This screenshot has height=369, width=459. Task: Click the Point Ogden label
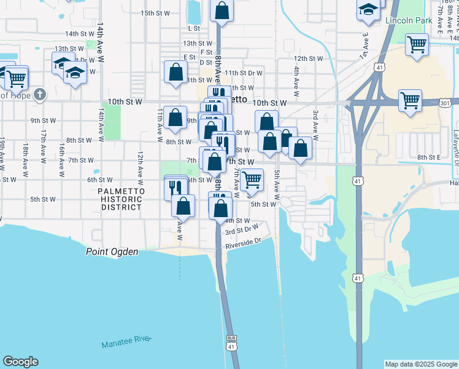click(x=112, y=252)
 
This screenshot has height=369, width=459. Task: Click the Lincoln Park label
click(x=405, y=20)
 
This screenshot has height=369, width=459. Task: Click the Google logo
click(x=20, y=362)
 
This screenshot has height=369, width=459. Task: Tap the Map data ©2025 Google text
click(x=420, y=364)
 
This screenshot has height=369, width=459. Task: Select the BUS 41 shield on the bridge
click(x=231, y=343)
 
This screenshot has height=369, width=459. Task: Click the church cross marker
click(x=40, y=94)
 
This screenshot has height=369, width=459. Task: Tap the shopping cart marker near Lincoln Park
click(x=417, y=44)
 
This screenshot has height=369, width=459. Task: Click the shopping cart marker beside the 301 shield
click(x=409, y=100)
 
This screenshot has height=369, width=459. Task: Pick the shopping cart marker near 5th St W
click(x=252, y=180)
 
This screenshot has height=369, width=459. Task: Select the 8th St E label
click(x=430, y=157)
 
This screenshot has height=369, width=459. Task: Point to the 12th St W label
click(x=307, y=58)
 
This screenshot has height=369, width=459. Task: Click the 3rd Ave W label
click(x=315, y=125)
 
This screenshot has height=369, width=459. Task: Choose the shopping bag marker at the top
click(x=222, y=10)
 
